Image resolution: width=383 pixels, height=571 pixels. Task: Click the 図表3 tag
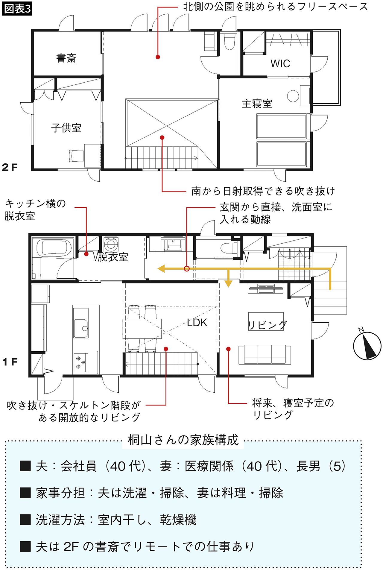point(17,9)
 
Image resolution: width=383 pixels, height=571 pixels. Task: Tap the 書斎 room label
point(66,58)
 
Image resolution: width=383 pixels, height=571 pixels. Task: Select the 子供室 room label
point(66,128)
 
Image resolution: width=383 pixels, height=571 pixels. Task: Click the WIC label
point(280,63)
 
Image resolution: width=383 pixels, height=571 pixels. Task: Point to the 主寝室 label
point(257,104)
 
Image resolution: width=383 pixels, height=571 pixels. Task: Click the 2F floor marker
point(10,167)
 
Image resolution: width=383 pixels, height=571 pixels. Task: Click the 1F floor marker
point(10,362)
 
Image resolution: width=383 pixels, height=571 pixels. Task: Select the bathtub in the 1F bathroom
point(54,248)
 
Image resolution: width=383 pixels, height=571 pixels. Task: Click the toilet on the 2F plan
point(230,41)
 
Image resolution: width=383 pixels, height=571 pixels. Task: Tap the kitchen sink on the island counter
point(81,328)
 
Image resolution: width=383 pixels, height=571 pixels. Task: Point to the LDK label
point(197,323)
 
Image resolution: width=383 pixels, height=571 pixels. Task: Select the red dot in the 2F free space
point(158,57)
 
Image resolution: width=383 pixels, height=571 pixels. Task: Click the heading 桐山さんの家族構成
point(183,440)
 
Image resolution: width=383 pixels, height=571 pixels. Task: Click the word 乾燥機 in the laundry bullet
point(178,520)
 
